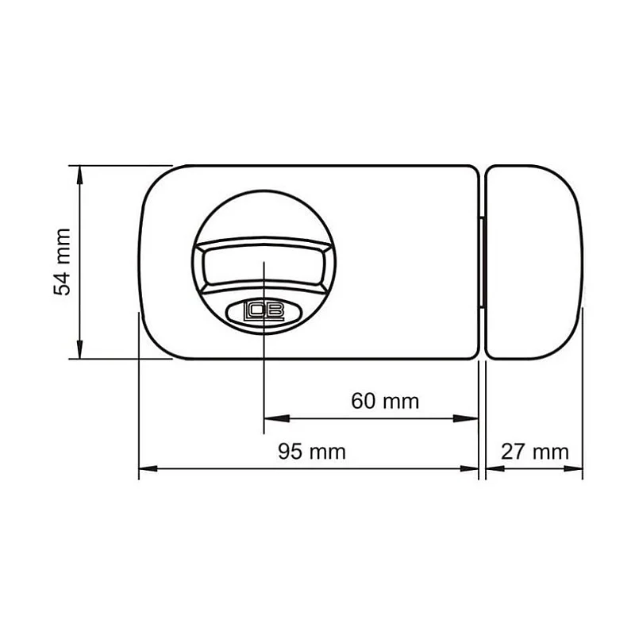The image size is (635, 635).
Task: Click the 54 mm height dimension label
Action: (x=63, y=262)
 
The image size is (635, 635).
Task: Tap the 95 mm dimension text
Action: (x=312, y=452)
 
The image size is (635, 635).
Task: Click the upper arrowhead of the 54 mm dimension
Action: (x=79, y=173)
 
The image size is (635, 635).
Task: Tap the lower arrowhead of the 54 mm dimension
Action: (x=79, y=351)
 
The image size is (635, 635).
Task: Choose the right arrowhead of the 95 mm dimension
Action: (x=471, y=468)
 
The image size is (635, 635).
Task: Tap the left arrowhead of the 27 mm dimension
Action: (x=492, y=468)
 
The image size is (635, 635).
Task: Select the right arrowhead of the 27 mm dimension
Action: (x=576, y=468)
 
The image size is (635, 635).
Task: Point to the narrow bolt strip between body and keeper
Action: (x=482, y=262)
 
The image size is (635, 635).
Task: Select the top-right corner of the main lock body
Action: (x=474, y=169)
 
